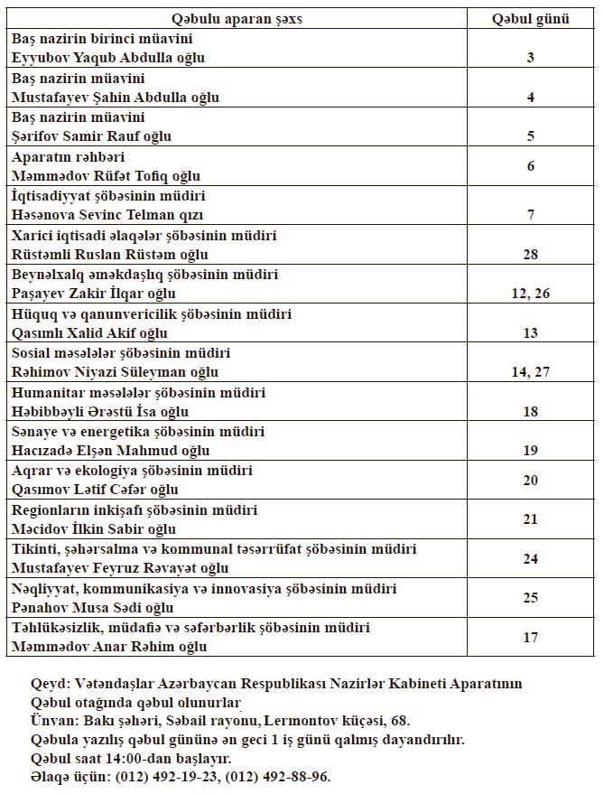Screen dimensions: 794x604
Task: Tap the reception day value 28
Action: tap(531, 255)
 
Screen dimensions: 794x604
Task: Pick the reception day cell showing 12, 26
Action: tap(531, 294)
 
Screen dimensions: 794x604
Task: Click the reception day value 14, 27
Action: tap(531, 371)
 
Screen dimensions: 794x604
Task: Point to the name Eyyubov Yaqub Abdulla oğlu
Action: tap(108, 57)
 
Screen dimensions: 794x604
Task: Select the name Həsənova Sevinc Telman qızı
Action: tap(107, 215)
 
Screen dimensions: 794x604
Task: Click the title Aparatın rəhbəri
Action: tap(60, 157)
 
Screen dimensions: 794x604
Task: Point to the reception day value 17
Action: tap(531, 637)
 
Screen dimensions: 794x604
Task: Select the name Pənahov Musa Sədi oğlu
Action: tap(92, 608)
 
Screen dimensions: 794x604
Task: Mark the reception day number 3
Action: tap(531, 57)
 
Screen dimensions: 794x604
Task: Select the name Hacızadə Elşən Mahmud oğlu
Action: tap(110, 451)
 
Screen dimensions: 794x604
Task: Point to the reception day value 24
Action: tap(531, 558)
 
